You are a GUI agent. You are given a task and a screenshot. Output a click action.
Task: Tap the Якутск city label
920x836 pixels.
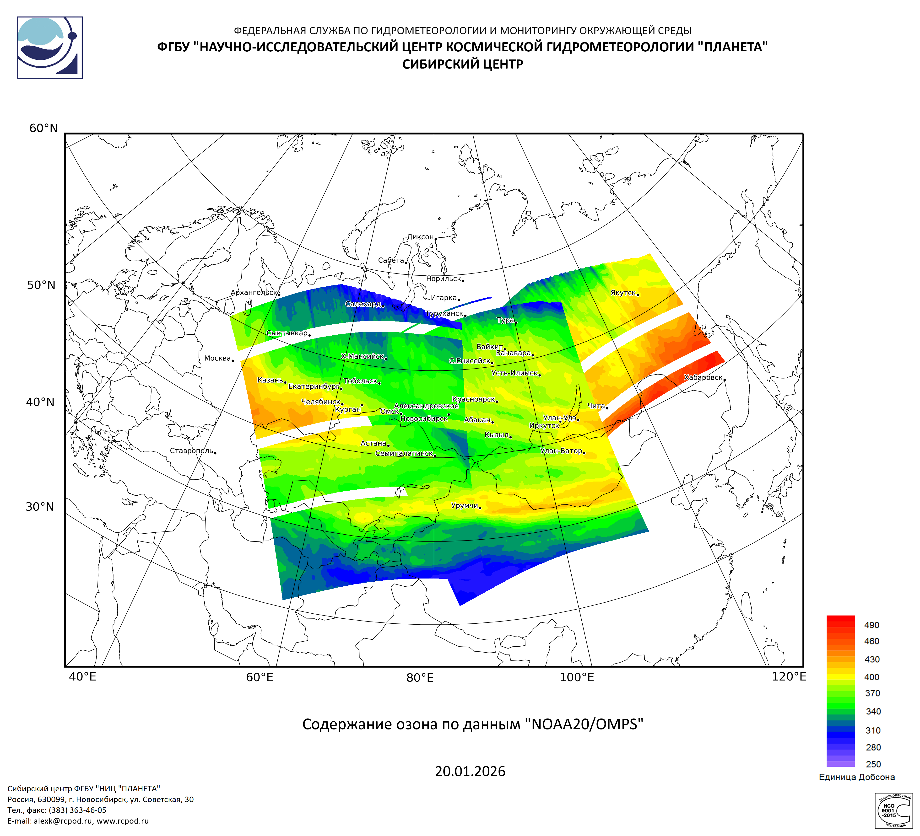click(x=623, y=293)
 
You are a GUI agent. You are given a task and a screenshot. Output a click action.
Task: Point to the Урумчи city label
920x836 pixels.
click(x=465, y=505)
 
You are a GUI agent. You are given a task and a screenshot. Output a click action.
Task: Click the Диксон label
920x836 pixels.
click(x=420, y=237)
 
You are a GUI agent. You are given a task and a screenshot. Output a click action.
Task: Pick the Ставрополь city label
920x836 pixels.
click(x=191, y=451)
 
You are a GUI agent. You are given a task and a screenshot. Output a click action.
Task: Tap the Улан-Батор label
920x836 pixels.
click(x=561, y=451)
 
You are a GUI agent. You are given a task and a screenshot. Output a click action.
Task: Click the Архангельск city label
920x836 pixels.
click(x=254, y=292)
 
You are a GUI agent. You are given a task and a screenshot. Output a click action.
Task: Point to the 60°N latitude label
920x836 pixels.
click(x=43, y=128)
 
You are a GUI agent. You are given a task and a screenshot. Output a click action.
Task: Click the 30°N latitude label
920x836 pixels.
click(x=40, y=507)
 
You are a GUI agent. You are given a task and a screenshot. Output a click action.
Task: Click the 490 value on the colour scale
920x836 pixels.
click(x=872, y=625)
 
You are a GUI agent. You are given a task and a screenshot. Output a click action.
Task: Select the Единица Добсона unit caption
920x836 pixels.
click(x=857, y=777)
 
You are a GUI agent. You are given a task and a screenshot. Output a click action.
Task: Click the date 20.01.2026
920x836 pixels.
click(x=470, y=771)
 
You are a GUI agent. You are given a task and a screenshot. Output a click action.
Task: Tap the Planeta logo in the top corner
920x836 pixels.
click(x=50, y=48)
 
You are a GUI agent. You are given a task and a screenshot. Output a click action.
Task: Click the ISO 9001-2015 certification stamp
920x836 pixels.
click(x=893, y=811)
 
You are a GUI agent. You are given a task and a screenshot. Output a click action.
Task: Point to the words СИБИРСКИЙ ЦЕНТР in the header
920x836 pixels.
click(x=462, y=64)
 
